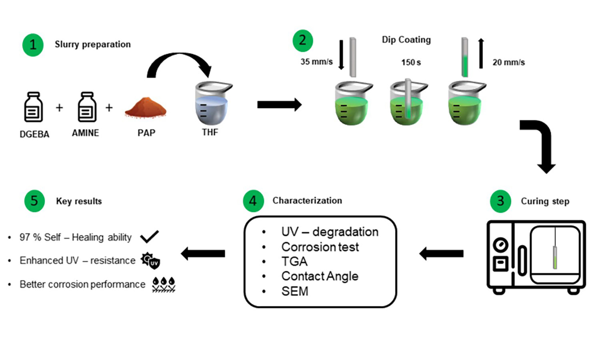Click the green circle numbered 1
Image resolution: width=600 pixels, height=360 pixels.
click(33, 45)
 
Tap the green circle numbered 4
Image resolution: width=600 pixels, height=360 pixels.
click(253, 201)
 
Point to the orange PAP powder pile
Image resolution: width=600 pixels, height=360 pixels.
click(146, 108)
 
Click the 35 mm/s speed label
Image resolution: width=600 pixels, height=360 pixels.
click(316, 62)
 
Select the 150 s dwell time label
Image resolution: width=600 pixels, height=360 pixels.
click(411, 62)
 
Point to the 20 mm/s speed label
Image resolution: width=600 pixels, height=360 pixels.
click(508, 62)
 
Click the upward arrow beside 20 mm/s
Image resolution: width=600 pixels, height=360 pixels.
click(481, 53)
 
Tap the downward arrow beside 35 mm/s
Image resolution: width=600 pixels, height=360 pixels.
click(341, 55)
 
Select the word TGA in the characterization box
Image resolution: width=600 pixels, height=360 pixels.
click(294, 262)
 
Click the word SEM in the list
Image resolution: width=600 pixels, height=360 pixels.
click(295, 292)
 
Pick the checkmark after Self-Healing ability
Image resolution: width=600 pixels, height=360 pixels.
click(150, 237)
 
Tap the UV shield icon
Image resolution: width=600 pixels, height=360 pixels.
click(151, 261)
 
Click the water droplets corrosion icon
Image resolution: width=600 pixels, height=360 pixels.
click(164, 284)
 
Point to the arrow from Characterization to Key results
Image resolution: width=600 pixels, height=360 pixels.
click(203, 253)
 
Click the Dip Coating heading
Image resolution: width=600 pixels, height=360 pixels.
click(406, 40)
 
